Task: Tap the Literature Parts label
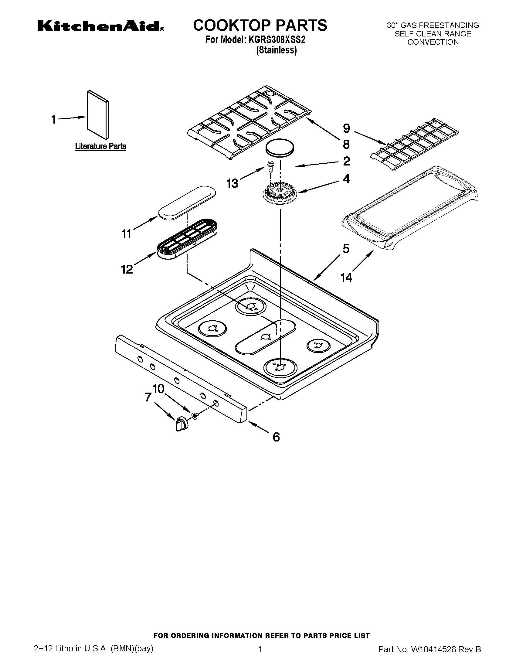tap(100, 146)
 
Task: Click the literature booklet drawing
tap(97, 114)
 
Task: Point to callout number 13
tap(232, 183)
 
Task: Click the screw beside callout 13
tap(270, 166)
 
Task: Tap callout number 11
tap(126, 234)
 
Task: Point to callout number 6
tap(276, 437)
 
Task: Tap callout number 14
tap(346, 278)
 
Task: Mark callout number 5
tap(346, 249)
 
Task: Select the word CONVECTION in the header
tap(433, 42)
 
